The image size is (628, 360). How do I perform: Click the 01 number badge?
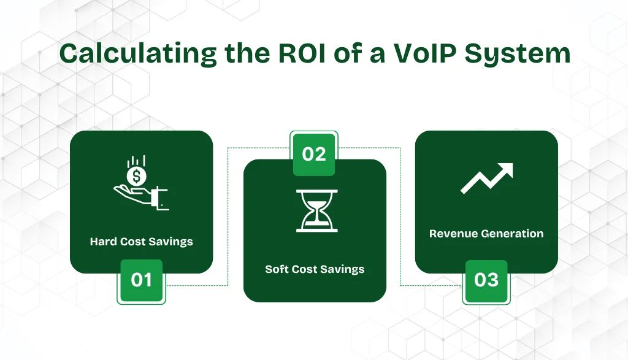141,280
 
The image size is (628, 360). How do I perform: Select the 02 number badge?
314,154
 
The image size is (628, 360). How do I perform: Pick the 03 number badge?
486,280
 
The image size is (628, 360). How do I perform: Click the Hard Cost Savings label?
141,242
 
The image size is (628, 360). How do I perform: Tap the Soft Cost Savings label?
315,269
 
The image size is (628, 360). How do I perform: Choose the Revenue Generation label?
486,234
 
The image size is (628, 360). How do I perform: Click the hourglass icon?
314,210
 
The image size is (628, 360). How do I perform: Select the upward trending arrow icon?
486,178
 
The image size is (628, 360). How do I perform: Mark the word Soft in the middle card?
277,269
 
